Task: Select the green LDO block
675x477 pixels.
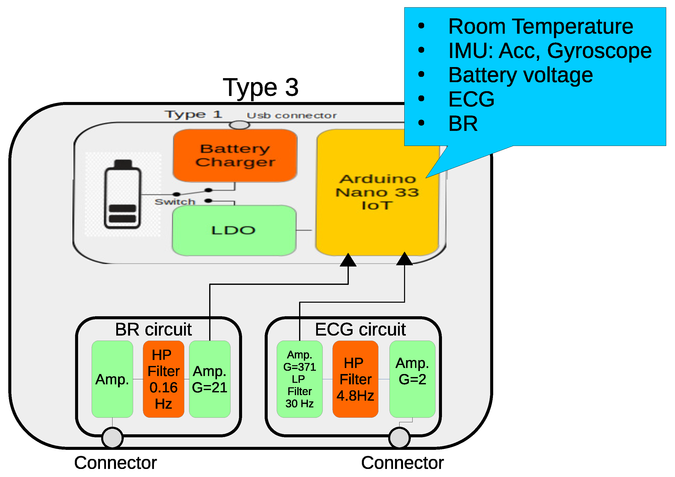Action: click(x=234, y=230)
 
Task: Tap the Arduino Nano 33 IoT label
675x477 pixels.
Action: click(x=377, y=192)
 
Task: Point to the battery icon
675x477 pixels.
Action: click(x=123, y=194)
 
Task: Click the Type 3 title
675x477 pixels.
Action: click(x=260, y=87)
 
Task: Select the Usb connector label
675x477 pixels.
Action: click(x=291, y=116)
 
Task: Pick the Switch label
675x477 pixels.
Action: click(x=175, y=202)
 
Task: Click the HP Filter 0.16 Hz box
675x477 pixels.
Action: click(x=163, y=379)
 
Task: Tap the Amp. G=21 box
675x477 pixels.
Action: click(x=210, y=379)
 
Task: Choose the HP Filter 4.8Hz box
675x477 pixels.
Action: click(x=355, y=379)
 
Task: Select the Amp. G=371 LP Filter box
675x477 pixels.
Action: click(x=299, y=379)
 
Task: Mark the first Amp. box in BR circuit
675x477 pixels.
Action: click(x=112, y=379)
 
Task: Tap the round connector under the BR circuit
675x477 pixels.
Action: click(x=112, y=438)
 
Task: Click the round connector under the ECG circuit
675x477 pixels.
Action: click(x=399, y=438)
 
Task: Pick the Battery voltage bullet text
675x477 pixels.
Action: click(x=520, y=75)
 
